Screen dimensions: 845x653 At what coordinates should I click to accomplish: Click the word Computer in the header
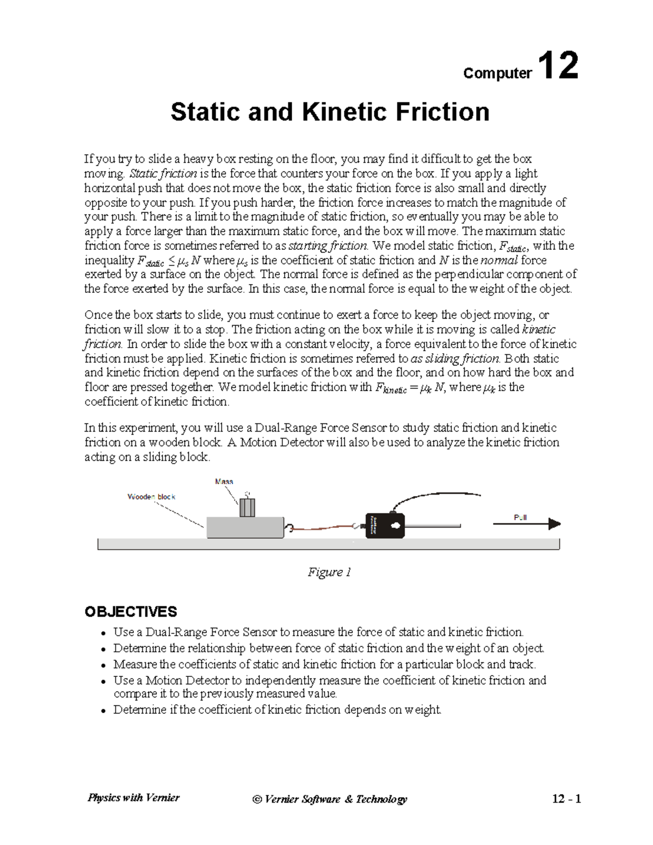(497, 73)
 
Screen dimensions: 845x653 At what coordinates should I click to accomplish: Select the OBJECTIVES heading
(131, 612)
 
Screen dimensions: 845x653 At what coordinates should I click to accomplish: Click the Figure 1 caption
(329, 572)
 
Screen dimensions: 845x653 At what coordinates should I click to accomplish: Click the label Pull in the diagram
(520, 517)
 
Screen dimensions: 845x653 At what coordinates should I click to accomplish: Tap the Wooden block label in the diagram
(151, 497)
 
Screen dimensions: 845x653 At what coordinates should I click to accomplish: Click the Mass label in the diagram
(224, 482)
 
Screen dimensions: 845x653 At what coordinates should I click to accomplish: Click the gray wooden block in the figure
(245, 527)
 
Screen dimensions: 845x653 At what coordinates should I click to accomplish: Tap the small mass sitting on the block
(247, 507)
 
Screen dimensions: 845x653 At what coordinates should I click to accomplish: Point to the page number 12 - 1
(566, 799)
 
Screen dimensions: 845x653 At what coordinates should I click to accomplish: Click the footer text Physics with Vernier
(133, 798)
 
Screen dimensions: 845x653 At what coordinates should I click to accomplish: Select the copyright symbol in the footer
(257, 799)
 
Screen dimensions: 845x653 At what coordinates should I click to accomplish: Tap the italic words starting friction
(328, 246)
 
